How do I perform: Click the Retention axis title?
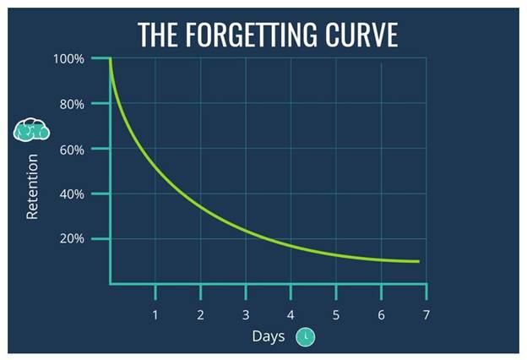coord(33,186)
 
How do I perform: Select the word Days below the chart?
coord(269,336)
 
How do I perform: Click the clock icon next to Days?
coord(307,337)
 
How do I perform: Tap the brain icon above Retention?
coord(33,131)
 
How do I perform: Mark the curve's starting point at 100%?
coord(111,59)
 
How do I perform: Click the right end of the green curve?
coord(418,261)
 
